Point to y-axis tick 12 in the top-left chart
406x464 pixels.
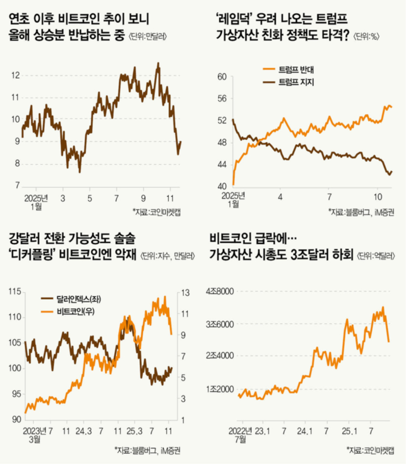16,75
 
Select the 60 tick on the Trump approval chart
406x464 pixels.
220,77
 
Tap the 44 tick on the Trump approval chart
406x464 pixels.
220,165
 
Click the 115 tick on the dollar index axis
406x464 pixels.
14,292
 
